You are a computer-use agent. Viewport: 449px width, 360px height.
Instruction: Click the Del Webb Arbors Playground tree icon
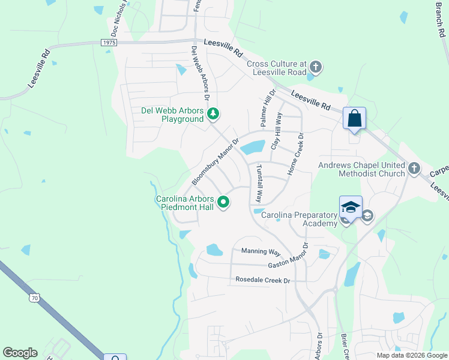click(212, 113)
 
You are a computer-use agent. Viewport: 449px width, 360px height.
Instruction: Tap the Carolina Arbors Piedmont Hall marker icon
click(223, 203)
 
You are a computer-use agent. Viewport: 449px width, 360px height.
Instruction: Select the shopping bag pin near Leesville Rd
click(354, 118)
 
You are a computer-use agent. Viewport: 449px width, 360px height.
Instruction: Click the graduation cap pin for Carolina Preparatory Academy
click(351, 208)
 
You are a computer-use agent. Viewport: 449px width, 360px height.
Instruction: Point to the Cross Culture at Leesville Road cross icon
click(316, 67)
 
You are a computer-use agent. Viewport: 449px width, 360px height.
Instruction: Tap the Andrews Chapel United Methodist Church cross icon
click(414, 169)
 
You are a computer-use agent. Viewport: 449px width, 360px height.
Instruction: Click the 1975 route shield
click(108, 42)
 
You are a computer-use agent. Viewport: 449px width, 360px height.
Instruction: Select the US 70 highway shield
click(35, 297)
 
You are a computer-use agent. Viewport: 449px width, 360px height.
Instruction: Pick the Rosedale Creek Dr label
click(262, 280)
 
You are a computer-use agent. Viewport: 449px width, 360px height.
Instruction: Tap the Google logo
click(20, 353)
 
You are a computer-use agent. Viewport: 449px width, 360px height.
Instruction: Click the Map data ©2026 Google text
click(412, 355)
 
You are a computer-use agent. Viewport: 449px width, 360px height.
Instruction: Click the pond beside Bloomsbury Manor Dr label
click(254, 146)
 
